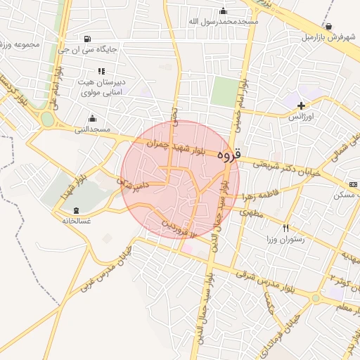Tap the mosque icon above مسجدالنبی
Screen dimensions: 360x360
pyautogui.click(x=92, y=118)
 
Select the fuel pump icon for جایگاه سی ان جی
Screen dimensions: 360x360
pyautogui.click(x=86, y=39)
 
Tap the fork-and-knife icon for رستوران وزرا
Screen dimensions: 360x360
pyautogui.click(x=285, y=228)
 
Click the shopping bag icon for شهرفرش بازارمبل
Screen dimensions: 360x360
pyautogui.click(x=328, y=26)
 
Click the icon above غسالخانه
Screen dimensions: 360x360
pyautogui.click(x=76, y=210)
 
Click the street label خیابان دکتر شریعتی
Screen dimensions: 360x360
pyautogui.click(x=285, y=167)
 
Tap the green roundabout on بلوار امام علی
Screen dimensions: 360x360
pyautogui.click(x=47, y=120)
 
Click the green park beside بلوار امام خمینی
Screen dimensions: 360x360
pyautogui.click(x=226, y=92)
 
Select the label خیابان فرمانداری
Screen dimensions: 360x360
pyautogui.click(x=281, y=316)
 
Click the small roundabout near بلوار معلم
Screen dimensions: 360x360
pyautogui.click(x=316, y=298)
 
